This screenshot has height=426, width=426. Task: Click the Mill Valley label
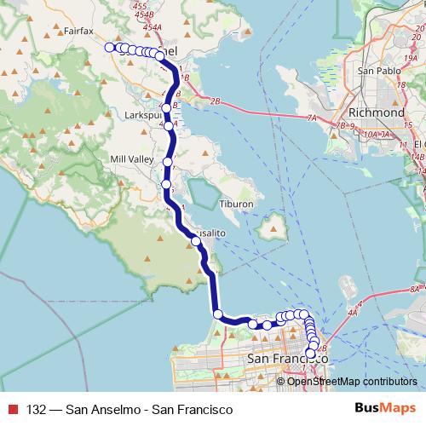130,159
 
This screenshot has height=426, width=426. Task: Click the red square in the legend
12,410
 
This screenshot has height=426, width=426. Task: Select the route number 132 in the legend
37,410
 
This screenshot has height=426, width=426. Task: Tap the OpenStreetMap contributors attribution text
352,381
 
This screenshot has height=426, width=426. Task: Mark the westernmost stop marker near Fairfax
109,48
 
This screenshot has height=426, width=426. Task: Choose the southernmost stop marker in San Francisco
310,354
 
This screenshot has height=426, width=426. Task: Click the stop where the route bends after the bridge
218,314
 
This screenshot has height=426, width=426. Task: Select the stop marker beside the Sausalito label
197,241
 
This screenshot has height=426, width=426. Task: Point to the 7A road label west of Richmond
312,118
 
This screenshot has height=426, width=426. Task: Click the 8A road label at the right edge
416,290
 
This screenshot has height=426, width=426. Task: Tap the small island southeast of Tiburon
273,227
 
